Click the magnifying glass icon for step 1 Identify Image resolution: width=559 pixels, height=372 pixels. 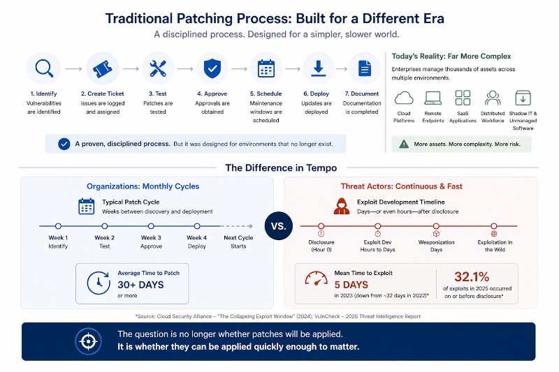coord(44,68)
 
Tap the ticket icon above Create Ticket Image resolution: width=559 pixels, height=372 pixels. coord(102,68)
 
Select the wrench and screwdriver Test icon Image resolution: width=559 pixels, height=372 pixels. coord(158,68)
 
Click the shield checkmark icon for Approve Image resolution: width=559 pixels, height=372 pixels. coord(212,68)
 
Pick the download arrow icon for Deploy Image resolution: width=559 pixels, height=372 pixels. coord(319,68)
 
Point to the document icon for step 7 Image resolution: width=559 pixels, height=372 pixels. coord(364,68)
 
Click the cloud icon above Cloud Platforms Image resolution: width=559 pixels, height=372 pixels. coord(404,98)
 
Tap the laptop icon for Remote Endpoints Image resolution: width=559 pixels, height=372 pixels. coord(433,98)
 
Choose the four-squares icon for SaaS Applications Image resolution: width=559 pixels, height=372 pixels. coord(463,98)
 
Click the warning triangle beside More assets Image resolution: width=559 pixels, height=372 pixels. coord(404,144)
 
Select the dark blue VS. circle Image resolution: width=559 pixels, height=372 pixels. coord(279,226)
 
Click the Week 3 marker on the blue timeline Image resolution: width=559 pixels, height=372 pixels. coord(151,226)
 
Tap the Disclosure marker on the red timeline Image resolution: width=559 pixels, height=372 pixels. coord(321,226)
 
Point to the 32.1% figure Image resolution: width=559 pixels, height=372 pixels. coord(472,276)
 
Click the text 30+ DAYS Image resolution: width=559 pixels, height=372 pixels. coord(141,285)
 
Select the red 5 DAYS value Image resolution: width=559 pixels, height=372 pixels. coord(351,285)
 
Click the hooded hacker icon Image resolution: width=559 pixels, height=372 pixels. coord(342,206)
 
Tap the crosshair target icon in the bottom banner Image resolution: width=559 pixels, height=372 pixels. coord(89,341)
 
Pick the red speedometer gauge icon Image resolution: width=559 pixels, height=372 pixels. coord(317,278)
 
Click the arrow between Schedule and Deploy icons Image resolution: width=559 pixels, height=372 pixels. coord(293,68)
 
